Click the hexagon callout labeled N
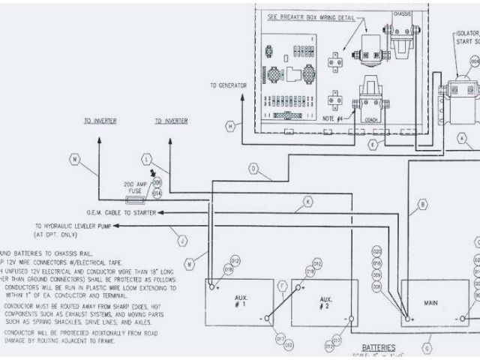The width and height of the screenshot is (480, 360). click(74, 158)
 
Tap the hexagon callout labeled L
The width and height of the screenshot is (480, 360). click(147, 159)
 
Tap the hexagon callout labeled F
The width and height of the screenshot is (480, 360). click(282, 286)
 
